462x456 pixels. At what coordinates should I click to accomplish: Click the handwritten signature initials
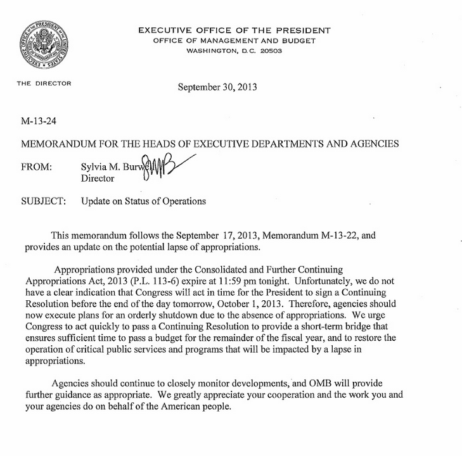pos(164,170)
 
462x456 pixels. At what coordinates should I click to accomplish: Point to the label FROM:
pos(37,167)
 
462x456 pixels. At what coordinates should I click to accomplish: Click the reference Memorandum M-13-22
pos(304,234)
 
